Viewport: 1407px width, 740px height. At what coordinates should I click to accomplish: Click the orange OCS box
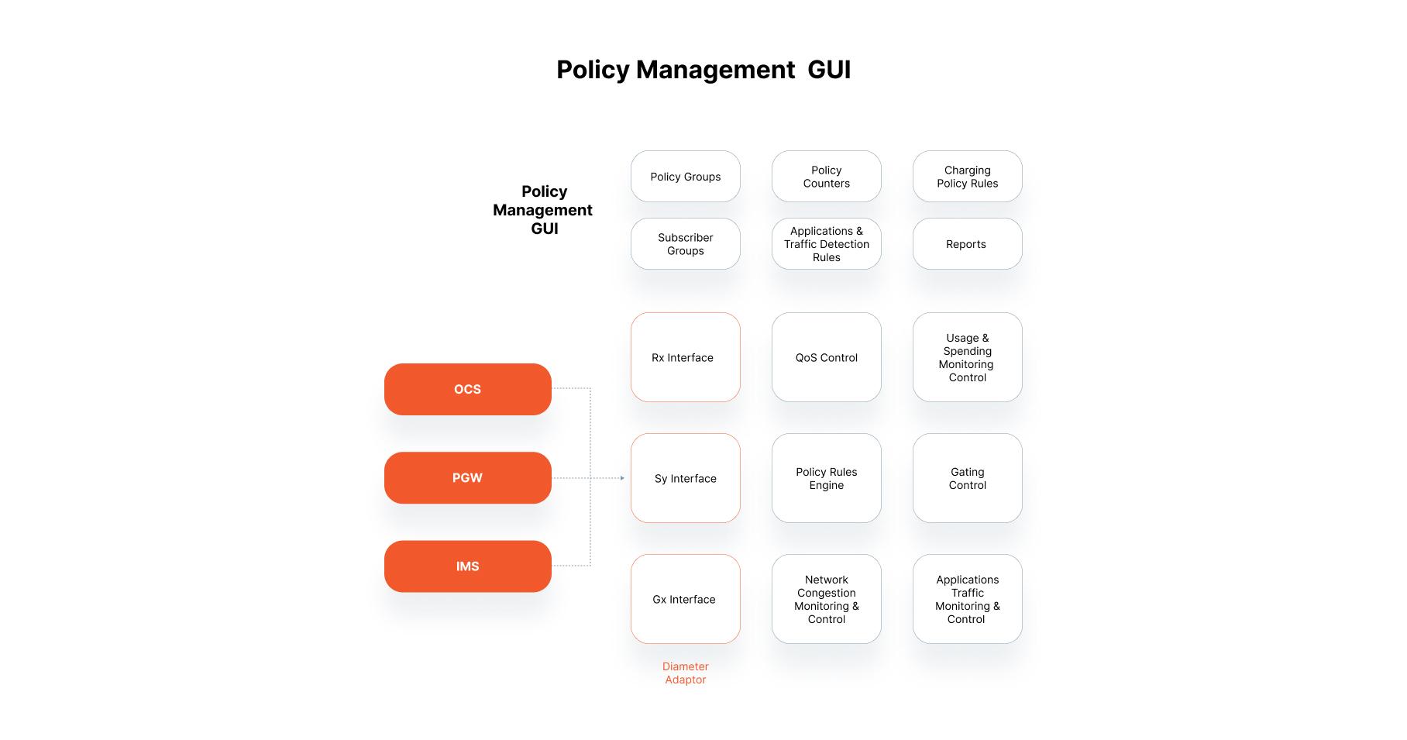tap(467, 389)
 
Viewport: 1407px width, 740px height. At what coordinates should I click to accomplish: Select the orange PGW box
tap(467, 478)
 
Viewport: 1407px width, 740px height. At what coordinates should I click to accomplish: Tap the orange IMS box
tap(467, 566)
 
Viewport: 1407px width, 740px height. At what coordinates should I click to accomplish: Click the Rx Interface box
tap(685, 357)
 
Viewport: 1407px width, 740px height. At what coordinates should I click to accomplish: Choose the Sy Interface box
tap(685, 478)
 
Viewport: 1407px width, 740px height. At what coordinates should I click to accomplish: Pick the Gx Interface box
tap(685, 599)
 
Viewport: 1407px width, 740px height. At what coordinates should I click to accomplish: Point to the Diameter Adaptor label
tap(685, 673)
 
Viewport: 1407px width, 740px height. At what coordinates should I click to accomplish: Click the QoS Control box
tap(826, 357)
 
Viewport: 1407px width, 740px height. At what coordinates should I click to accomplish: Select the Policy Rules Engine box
tap(826, 478)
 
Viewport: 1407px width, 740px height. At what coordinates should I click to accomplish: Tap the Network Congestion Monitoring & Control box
tap(826, 599)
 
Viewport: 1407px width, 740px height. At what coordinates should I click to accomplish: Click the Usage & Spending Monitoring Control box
tap(967, 357)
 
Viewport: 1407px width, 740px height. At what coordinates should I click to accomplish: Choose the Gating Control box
tap(967, 478)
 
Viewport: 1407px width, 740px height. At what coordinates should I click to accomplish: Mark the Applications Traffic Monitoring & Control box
tap(967, 599)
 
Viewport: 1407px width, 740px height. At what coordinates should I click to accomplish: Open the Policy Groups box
tap(685, 177)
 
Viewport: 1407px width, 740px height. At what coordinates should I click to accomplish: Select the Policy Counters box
tap(826, 177)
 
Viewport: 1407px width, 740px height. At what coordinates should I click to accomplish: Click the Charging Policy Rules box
tap(967, 177)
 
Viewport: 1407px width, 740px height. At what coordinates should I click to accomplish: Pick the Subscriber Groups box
tap(685, 244)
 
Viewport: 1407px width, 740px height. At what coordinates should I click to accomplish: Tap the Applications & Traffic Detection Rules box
tap(826, 244)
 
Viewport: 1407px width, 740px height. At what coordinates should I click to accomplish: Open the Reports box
tap(967, 244)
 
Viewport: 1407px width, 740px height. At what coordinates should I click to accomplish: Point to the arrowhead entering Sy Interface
tap(622, 478)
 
